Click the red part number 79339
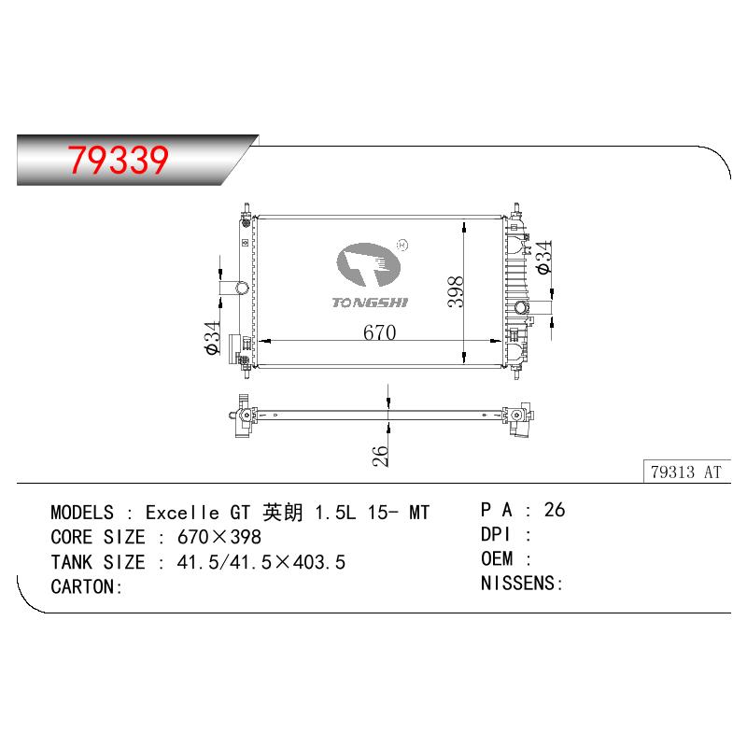click(119, 160)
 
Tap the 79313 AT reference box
click(686, 472)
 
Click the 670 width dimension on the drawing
click(380, 332)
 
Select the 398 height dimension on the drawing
click(456, 291)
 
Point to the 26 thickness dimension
click(380, 456)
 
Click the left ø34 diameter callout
click(212, 338)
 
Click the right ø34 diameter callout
click(543, 258)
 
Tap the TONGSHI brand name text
click(370, 303)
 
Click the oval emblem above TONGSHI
click(368, 265)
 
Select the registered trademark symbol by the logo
click(402, 246)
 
